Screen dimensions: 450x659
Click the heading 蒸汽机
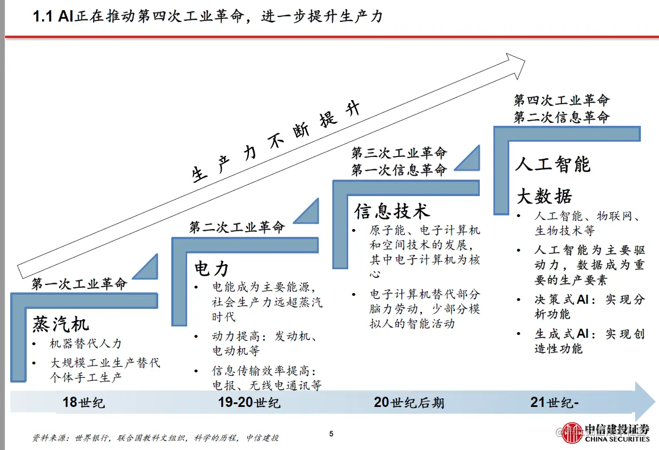point(61,324)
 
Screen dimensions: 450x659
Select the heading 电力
point(212,268)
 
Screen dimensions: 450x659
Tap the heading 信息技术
point(392,211)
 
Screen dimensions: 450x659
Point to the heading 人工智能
point(552,164)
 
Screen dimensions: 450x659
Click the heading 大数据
point(544,196)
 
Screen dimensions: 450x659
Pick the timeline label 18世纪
point(83,403)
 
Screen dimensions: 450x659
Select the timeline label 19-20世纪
point(249,403)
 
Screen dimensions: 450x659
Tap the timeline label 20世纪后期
point(408,403)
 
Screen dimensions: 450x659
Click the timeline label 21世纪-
point(555,403)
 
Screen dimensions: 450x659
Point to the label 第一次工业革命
point(79,283)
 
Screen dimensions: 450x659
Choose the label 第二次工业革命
point(236,228)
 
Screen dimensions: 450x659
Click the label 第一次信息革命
point(399,169)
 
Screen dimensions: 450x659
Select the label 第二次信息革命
point(561,117)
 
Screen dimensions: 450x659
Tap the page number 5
point(331,434)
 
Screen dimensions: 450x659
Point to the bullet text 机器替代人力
point(86,343)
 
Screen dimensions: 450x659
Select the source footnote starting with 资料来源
point(155,438)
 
